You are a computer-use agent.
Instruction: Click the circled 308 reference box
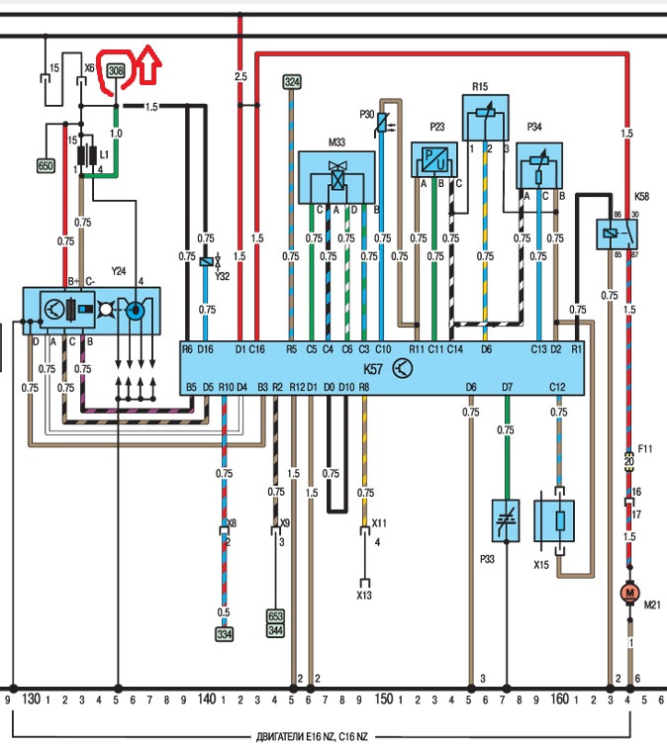click(116, 71)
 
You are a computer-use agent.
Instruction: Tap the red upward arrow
click(149, 63)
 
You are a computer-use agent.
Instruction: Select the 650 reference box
click(46, 166)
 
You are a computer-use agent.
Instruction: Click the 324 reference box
click(292, 82)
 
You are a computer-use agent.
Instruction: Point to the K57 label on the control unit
click(373, 369)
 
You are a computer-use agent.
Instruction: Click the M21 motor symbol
click(629, 593)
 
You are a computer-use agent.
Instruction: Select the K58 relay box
click(617, 234)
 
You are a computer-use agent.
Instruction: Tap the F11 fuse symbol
click(629, 461)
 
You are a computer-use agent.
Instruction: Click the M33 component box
click(336, 177)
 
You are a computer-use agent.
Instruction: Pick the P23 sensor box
click(434, 159)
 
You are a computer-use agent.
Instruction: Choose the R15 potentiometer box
click(485, 118)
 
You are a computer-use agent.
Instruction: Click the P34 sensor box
click(539, 165)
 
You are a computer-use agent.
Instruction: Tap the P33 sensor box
click(506, 520)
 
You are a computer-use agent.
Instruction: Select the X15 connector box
click(554, 520)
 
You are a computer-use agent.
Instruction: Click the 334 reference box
click(224, 634)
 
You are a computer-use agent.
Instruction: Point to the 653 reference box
click(275, 615)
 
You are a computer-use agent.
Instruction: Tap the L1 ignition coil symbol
click(87, 155)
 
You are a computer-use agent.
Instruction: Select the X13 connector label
click(364, 595)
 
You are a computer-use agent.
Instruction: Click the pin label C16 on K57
click(257, 349)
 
